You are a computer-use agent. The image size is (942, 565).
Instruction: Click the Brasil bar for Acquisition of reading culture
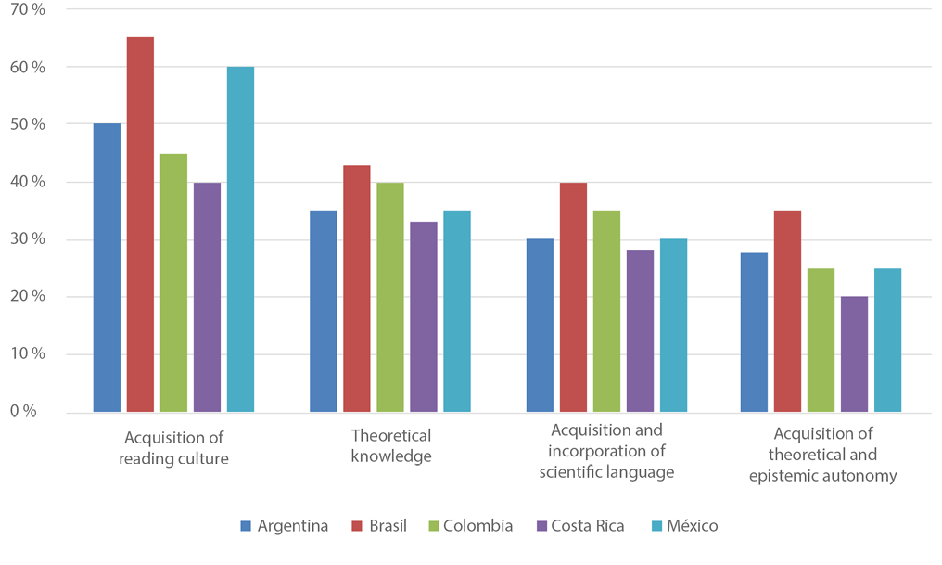tap(140, 225)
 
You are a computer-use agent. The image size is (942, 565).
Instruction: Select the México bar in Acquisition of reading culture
tap(240, 239)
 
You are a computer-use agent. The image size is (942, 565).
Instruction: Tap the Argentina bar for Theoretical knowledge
tap(323, 311)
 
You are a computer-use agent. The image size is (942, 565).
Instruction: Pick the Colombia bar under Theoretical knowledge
tap(389, 297)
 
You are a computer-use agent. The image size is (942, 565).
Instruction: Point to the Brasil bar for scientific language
tap(573, 297)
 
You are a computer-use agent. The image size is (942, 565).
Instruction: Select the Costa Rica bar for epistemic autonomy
tap(854, 354)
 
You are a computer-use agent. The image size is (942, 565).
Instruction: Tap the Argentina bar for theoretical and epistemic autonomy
tap(754, 332)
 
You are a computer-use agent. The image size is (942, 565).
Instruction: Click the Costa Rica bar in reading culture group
tap(207, 297)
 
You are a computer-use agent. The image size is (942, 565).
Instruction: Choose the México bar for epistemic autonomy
tap(887, 340)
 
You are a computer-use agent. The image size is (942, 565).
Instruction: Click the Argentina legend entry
tap(284, 526)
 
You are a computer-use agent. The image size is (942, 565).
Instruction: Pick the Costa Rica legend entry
tap(579, 526)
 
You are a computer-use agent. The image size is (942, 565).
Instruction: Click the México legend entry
tap(681, 526)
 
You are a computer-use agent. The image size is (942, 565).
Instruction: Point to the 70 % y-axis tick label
tap(26, 10)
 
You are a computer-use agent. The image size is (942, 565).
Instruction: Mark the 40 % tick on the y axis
tap(26, 182)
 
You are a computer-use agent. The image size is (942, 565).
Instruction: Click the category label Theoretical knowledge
tap(390, 445)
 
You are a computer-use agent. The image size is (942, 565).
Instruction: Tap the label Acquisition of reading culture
tap(175, 447)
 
